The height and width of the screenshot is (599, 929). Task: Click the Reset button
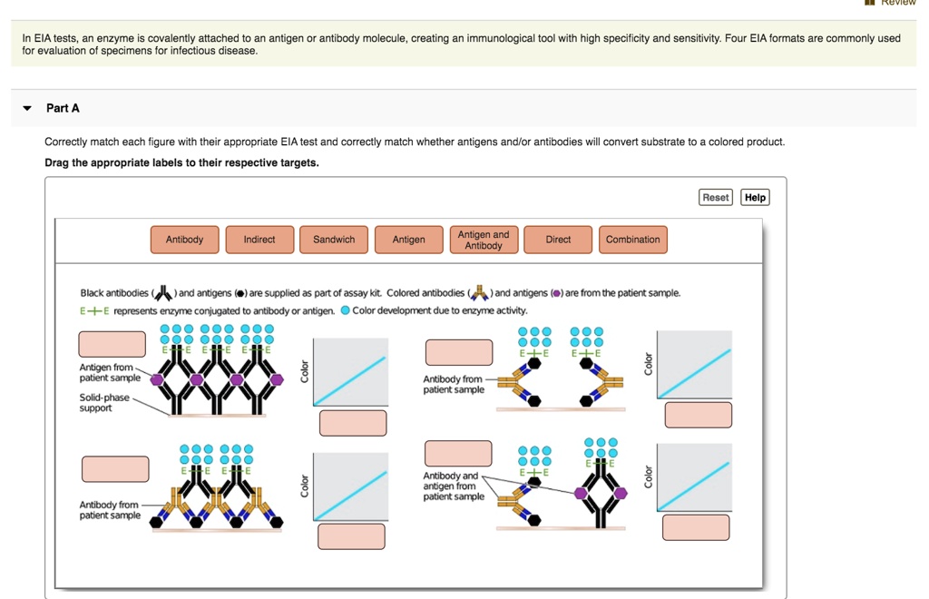pyautogui.click(x=715, y=197)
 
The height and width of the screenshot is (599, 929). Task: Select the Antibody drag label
pyautogui.click(x=184, y=240)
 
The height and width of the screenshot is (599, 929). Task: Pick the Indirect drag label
pyautogui.click(x=259, y=240)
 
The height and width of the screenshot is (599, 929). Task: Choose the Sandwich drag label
pyautogui.click(x=334, y=240)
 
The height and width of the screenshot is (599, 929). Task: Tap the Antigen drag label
pyautogui.click(x=408, y=240)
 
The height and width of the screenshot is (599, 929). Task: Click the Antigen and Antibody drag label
pyautogui.click(x=484, y=240)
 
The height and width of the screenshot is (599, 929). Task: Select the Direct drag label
pyautogui.click(x=558, y=240)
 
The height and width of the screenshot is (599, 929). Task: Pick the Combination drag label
pyautogui.click(x=632, y=240)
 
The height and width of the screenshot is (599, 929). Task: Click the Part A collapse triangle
pyautogui.click(x=27, y=108)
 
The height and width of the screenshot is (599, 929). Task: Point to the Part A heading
pyautogui.click(x=63, y=108)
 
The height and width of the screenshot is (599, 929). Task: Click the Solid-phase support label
pyautogui.click(x=104, y=403)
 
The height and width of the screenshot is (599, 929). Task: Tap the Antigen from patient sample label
pyautogui.click(x=110, y=372)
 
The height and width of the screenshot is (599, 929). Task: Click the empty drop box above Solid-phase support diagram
pyautogui.click(x=112, y=344)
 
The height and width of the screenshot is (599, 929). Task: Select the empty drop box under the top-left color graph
pyautogui.click(x=353, y=423)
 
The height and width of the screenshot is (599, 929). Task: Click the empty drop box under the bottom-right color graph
pyautogui.click(x=696, y=527)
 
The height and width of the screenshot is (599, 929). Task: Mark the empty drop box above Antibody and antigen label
pyautogui.click(x=458, y=453)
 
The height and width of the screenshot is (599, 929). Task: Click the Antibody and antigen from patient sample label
pyautogui.click(x=453, y=486)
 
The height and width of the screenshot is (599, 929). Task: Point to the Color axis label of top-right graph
pyautogui.click(x=648, y=364)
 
